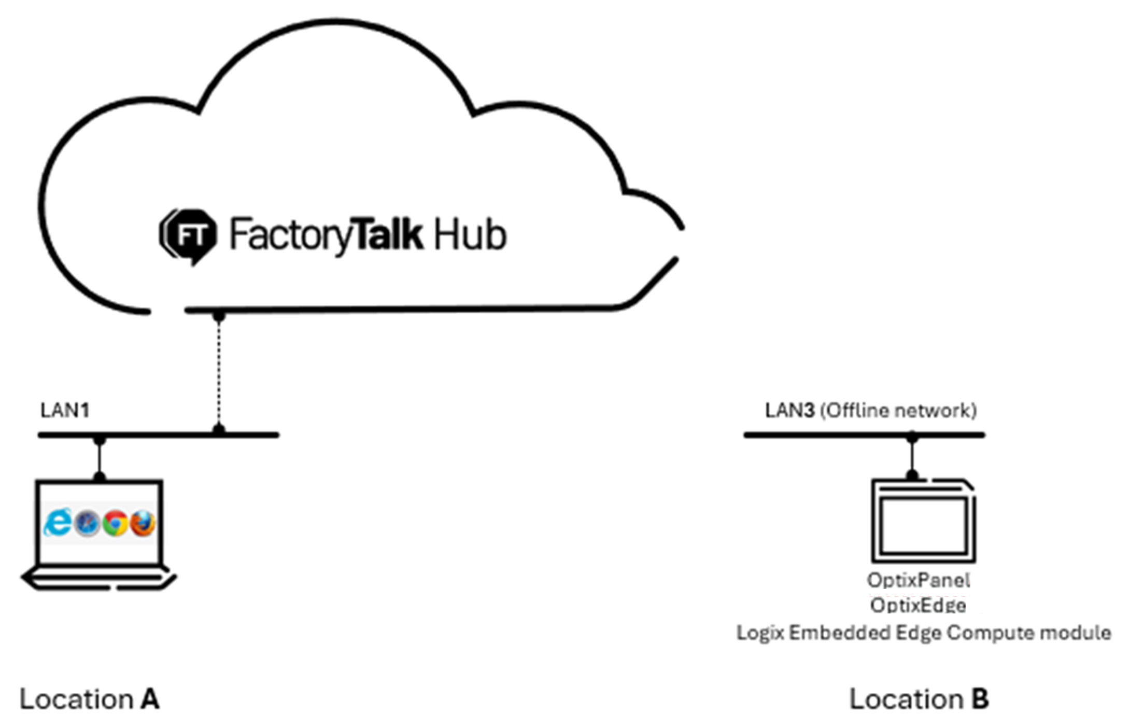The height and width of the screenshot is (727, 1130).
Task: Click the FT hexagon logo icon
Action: tap(188, 235)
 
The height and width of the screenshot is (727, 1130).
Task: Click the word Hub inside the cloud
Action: tap(469, 235)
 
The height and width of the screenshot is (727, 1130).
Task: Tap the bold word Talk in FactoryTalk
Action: tap(388, 235)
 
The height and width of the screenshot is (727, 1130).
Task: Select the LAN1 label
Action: tap(65, 410)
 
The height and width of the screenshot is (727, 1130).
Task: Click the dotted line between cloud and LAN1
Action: tap(219, 373)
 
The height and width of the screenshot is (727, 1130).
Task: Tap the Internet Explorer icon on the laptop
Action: tap(58, 522)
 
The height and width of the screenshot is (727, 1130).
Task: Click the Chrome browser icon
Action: tap(115, 523)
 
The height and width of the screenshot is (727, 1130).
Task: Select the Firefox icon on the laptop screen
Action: tap(143, 523)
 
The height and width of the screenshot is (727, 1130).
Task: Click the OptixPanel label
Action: tap(918, 580)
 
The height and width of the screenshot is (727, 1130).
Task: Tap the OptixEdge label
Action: tap(917, 605)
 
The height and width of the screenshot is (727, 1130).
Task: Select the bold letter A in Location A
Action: tap(150, 699)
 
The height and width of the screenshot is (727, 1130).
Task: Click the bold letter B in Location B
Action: tap(980, 699)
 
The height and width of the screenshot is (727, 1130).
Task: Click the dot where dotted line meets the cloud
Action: tap(219, 315)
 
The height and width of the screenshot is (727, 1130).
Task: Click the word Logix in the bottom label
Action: tap(760, 633)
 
